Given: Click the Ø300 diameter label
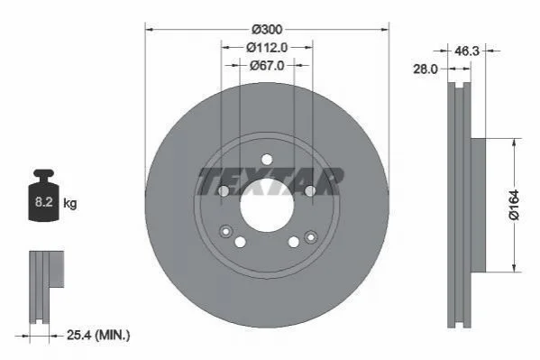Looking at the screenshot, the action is [267, 30].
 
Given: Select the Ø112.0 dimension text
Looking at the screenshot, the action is [267, 48].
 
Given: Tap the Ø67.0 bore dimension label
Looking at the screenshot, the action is [267, 65].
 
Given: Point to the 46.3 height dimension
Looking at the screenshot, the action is [467, 51].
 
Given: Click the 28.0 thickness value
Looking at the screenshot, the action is [426, 69].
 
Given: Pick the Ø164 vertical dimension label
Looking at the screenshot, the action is [514, 205].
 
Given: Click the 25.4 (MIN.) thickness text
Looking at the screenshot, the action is [98, 335].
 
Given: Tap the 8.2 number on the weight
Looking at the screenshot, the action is [43, 202].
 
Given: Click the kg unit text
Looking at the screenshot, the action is [70, 203].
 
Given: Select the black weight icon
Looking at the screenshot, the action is [43, 195].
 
